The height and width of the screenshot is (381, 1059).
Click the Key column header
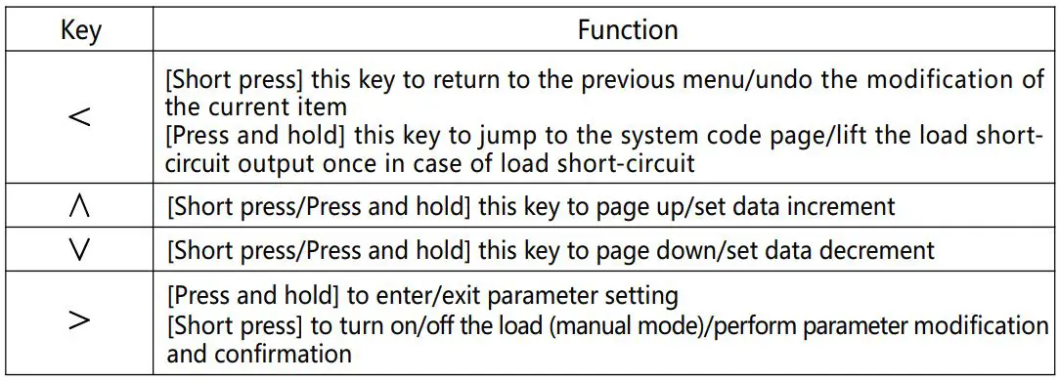click(81, 29)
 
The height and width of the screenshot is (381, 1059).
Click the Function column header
click(627, 29)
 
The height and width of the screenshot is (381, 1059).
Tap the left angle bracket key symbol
click(81, 119)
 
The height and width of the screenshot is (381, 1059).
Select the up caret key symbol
click(81, 207)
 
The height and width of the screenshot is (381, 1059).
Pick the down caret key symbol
click(81, 250)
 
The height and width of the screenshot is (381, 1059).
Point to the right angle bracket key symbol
click(81, 321)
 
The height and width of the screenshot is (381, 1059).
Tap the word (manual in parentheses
click(580, 323)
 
